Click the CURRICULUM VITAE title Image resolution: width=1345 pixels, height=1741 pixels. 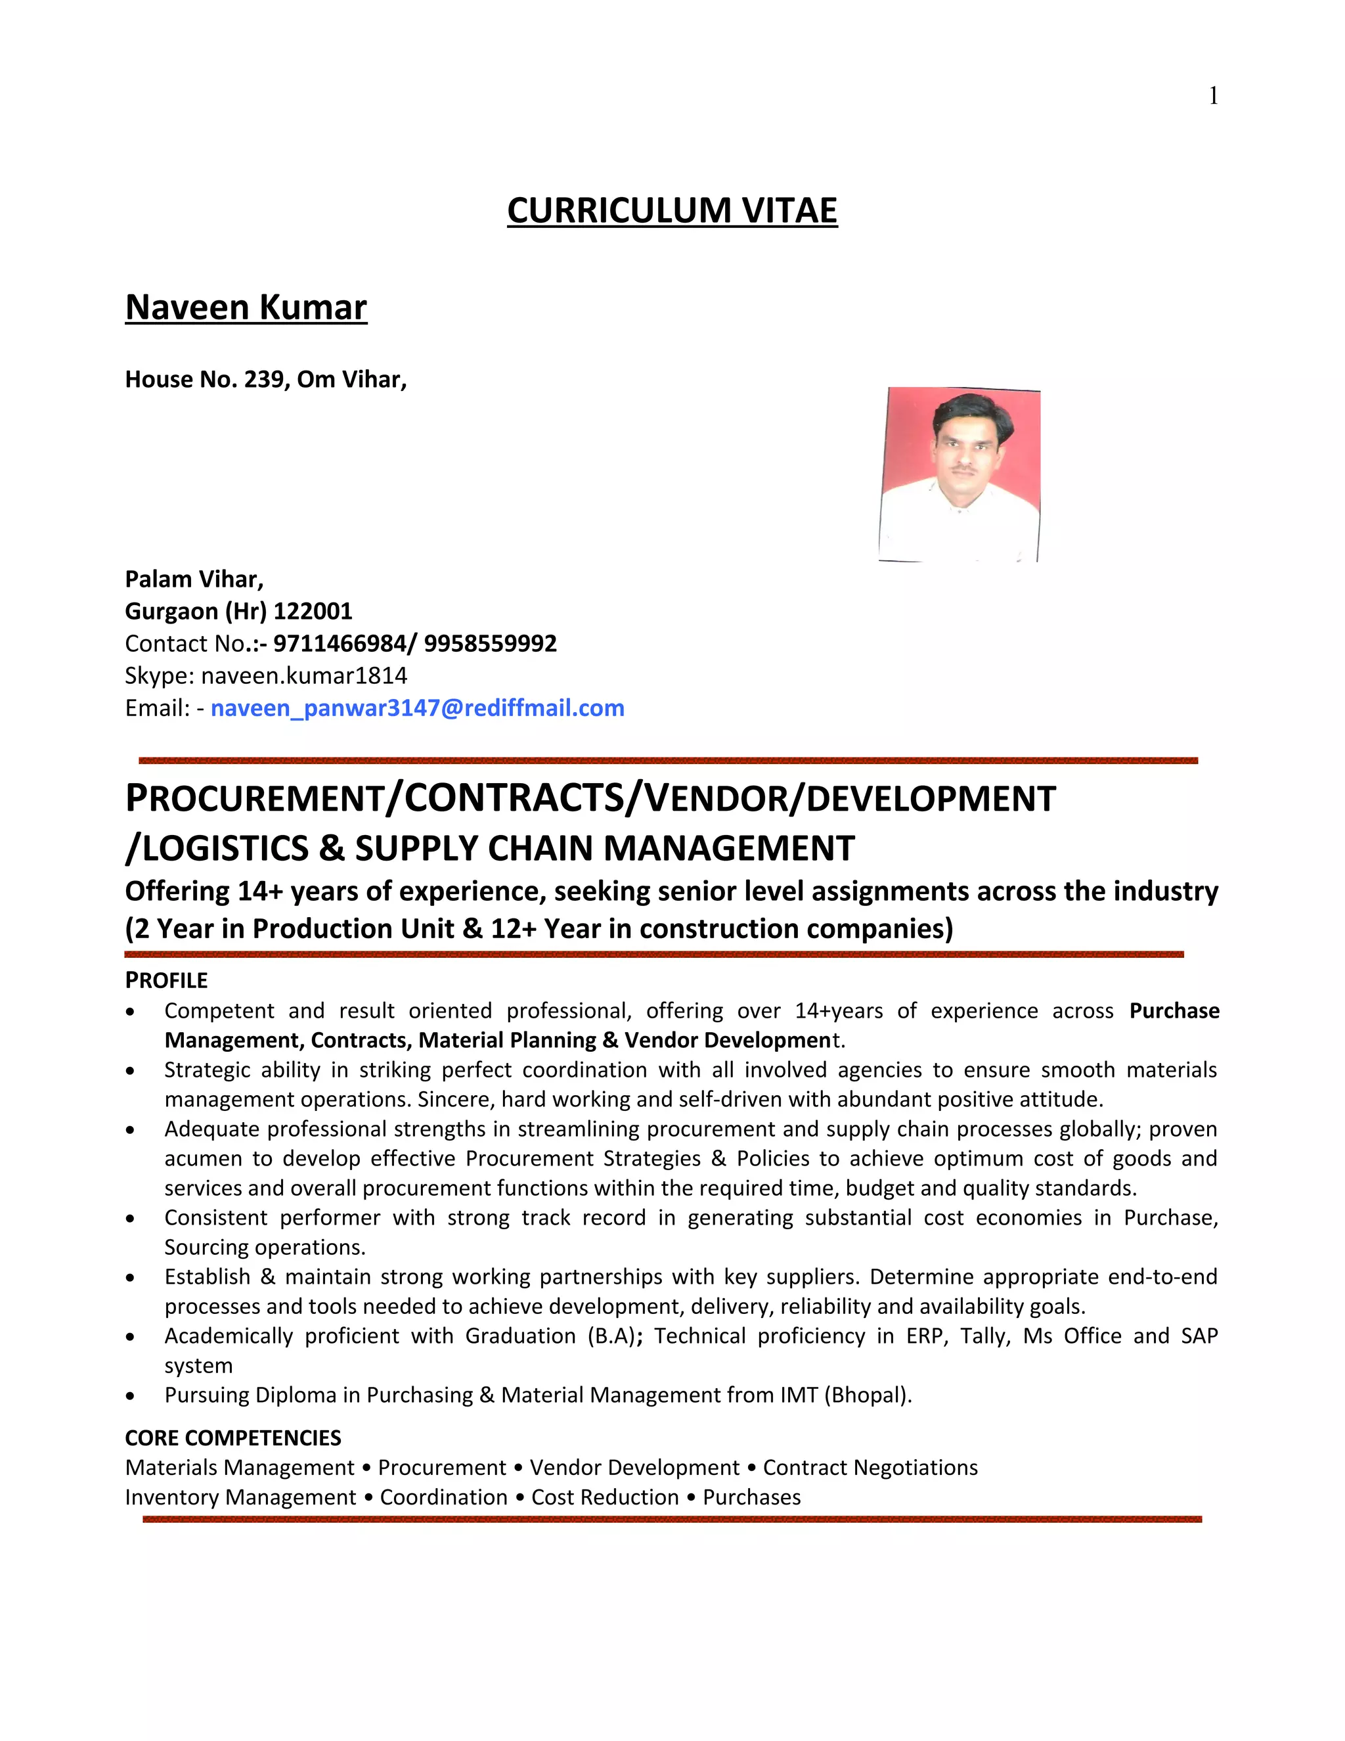click(x=672, y=210)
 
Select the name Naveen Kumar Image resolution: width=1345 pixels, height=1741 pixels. click(x=246, y=307)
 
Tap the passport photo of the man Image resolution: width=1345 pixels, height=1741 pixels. click(x=959, y=474)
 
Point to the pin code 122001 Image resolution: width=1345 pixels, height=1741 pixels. click(x=313, y=612)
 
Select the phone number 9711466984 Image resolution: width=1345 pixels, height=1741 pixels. click(x=340, y=643)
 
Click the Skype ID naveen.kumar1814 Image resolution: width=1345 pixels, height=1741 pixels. click(x=303, y=676)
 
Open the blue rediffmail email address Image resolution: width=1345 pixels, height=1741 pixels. click(x=417, y=708)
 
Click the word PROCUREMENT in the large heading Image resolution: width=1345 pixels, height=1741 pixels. click(x=255, y=799)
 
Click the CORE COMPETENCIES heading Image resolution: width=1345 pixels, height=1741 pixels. click(x=232, y=1438)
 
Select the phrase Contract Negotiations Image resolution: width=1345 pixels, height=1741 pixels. click(x=870, y=1468)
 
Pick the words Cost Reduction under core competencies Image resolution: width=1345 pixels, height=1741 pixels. click(x=604, y=1497)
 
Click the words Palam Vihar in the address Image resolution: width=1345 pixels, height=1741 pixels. click(x=194, y=579)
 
